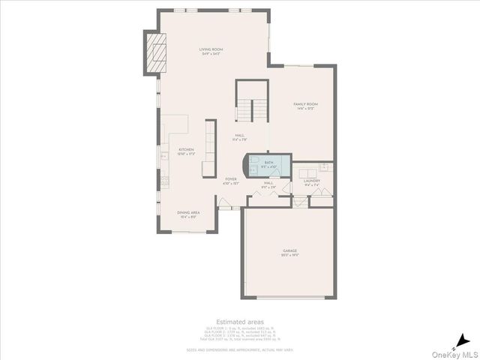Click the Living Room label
[x=211, y=51]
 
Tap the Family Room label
[x=305, y=106]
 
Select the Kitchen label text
[x=186, y=151]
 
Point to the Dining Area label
[x=188, y=214]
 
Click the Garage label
[x=290, y=252]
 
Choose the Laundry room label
[x=312, y=181]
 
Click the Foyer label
[x=231, y=180]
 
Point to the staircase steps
[x=251, y=111]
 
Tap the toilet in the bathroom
[x=254, y=165]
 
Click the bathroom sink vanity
[x=282, y=165]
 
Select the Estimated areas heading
[x=240, y=321]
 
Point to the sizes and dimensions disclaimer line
[x=240, y=349]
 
